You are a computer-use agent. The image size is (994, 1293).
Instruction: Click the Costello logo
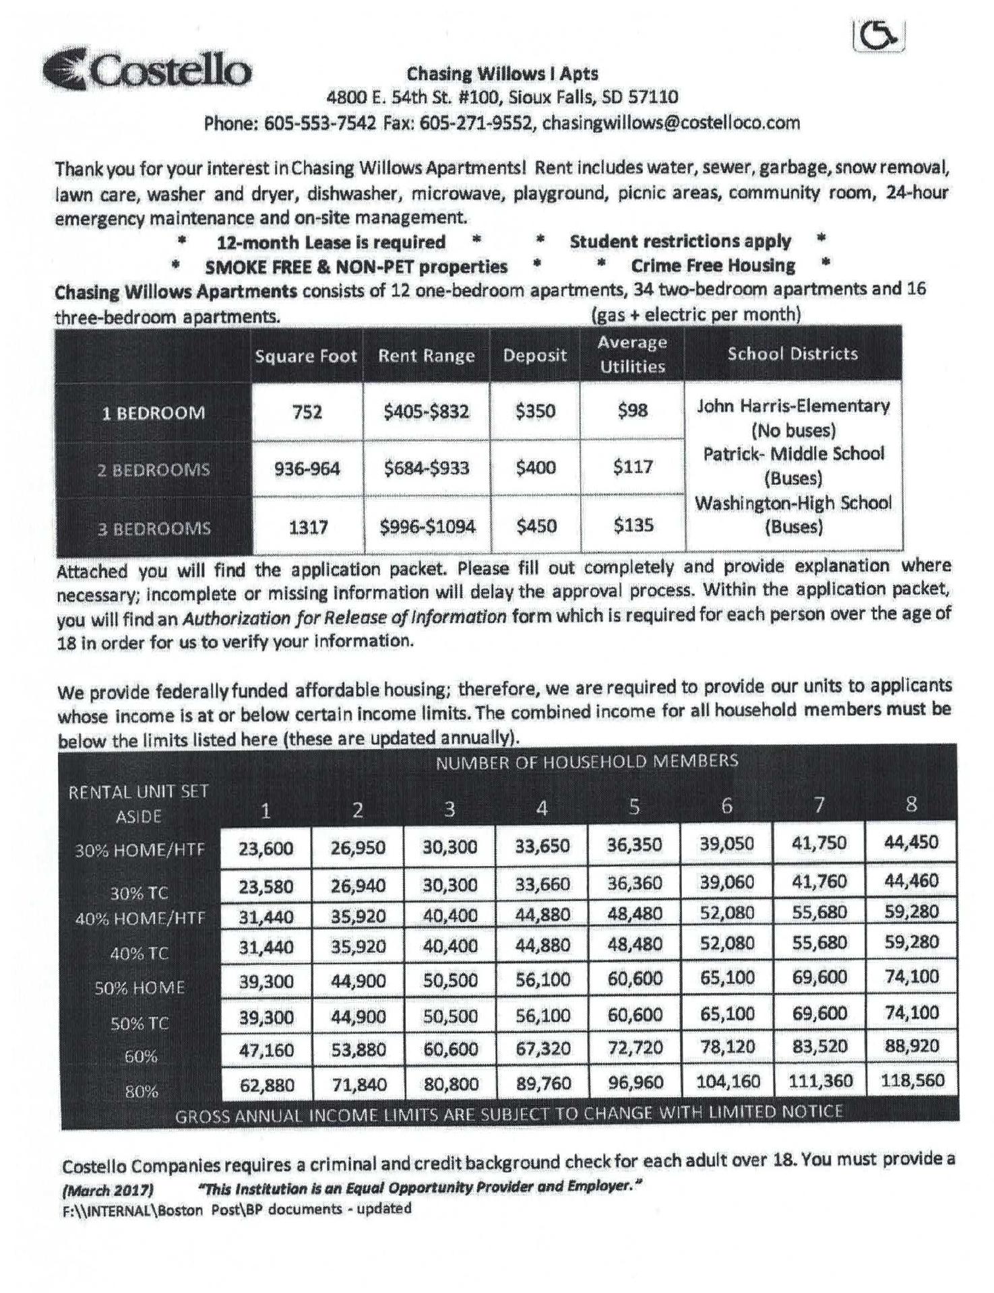147,70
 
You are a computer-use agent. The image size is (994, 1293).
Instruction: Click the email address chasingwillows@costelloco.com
671,123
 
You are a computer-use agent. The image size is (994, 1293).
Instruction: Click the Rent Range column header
426,356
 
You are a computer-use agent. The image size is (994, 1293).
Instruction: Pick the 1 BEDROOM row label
154,413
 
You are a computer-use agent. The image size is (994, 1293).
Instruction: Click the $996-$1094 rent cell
427,526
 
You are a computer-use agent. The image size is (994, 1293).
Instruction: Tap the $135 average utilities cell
633,525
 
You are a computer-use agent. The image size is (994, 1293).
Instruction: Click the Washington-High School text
793,503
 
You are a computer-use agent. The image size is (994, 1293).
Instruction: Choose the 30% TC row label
139,894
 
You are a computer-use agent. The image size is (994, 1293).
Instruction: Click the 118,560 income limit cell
912,1081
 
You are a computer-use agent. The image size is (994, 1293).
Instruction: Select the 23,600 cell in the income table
266,848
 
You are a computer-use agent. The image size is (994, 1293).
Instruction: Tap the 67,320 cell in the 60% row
542,1049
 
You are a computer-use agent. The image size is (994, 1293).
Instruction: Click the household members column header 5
634,806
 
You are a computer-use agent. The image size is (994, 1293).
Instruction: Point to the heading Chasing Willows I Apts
502,73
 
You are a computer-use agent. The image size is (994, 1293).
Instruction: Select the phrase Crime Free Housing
712,266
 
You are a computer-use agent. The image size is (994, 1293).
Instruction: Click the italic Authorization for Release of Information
344,617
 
